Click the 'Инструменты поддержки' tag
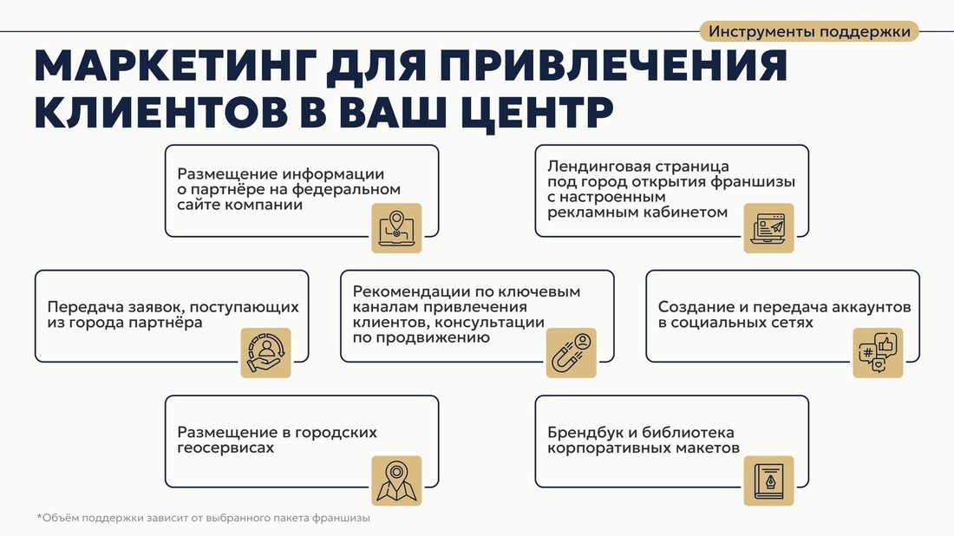pos(808,31)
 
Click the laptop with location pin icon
pos(396,228)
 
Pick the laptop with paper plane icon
pos(768,228)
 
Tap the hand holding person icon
pos(266,353)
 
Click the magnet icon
pos(571,353)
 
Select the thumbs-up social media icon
pos(878,353)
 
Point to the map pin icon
pos(396,480)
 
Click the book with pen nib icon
pos(768,480)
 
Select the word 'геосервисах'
pos(225,448)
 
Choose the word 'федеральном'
pos(346,189)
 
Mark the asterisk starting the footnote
pos(39,517)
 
